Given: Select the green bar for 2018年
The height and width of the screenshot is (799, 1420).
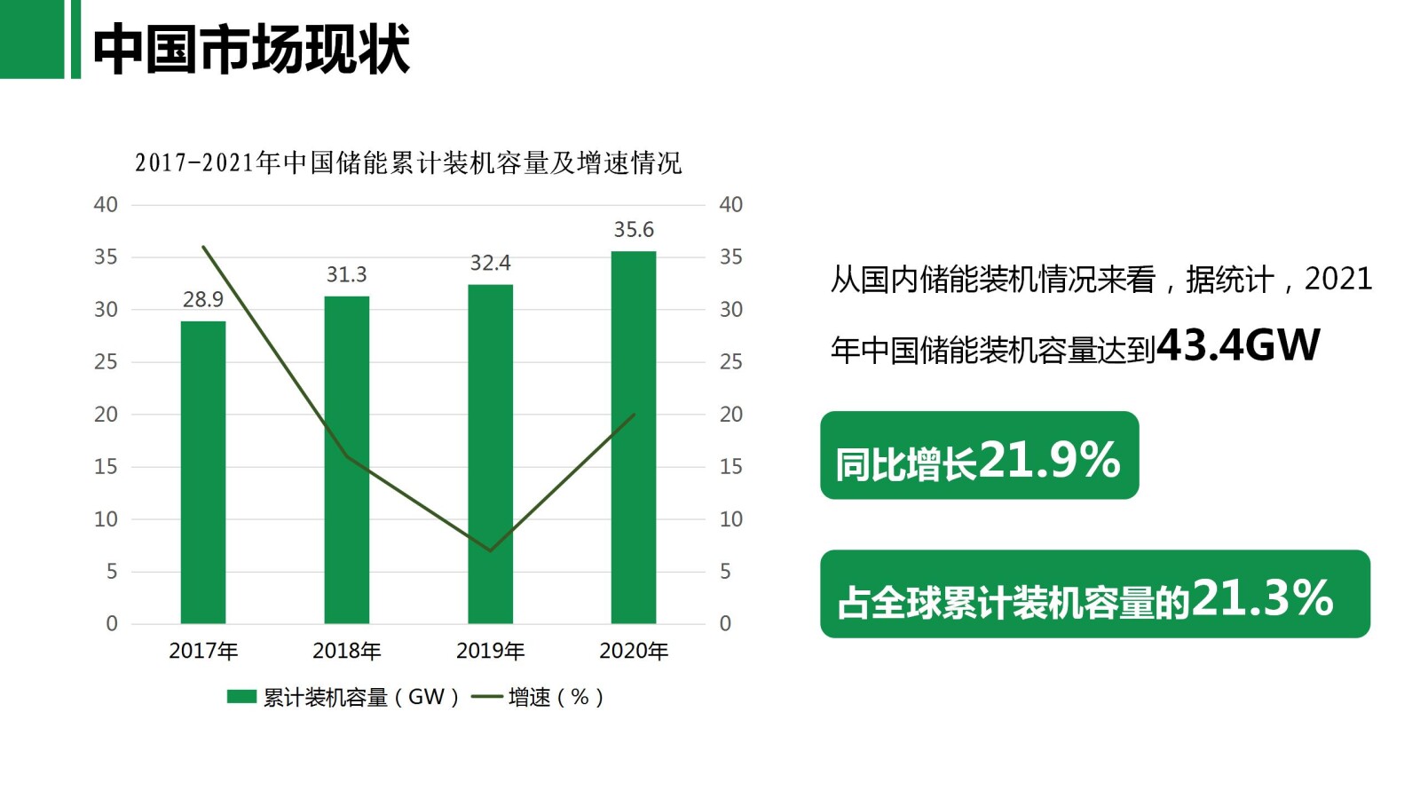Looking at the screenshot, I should (x=346, y=460).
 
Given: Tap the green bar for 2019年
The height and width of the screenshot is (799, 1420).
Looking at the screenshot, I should (x=490, y=454).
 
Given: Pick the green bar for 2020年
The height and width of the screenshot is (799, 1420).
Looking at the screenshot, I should (x=634, y=437).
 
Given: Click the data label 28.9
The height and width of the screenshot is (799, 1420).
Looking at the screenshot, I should (x=203, y=300).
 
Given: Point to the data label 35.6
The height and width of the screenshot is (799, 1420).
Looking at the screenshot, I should (x=634, y=230).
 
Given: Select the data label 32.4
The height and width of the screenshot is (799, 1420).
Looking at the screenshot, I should (x=490, y=263).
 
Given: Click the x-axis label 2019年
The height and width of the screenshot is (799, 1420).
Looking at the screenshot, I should (x=490, y=651).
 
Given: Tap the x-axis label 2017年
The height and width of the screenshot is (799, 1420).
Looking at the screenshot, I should (x=203, y=651).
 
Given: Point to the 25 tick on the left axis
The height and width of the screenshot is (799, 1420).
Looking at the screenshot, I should (x=106, y=362).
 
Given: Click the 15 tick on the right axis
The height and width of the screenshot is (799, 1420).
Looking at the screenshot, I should (x=730, y=467).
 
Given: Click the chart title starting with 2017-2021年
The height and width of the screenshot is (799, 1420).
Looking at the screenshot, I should (x=408, y=162).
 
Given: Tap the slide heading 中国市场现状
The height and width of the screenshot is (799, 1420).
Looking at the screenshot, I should (x=251, y=49).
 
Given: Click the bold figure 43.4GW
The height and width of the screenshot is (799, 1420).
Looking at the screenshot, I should (x=1238, y=345).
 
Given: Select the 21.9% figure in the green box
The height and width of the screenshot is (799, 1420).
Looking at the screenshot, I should (x=1050, y=460).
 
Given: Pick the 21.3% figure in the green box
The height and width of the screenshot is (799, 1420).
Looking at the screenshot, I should (x=1262, y=598).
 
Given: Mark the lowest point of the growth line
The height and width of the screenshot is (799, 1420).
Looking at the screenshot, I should (x=490, y=550).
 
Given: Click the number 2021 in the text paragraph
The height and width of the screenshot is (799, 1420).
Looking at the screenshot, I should (x=1337, y=280).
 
